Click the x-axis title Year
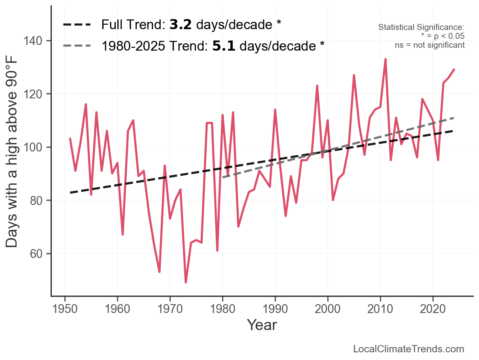(x=262, y=325)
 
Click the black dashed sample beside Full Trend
(x=77, y=25)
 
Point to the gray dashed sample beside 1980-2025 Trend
(x=77, y=46)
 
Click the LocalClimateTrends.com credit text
(x=409, y=349)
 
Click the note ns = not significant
(x=430, y=45)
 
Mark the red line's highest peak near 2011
(x=386, y=59)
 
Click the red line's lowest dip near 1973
(x=186, y=282)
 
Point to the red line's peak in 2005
(x=354, y=75)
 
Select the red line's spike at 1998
(x=317, y=86)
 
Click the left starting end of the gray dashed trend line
(x=223, y=177)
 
